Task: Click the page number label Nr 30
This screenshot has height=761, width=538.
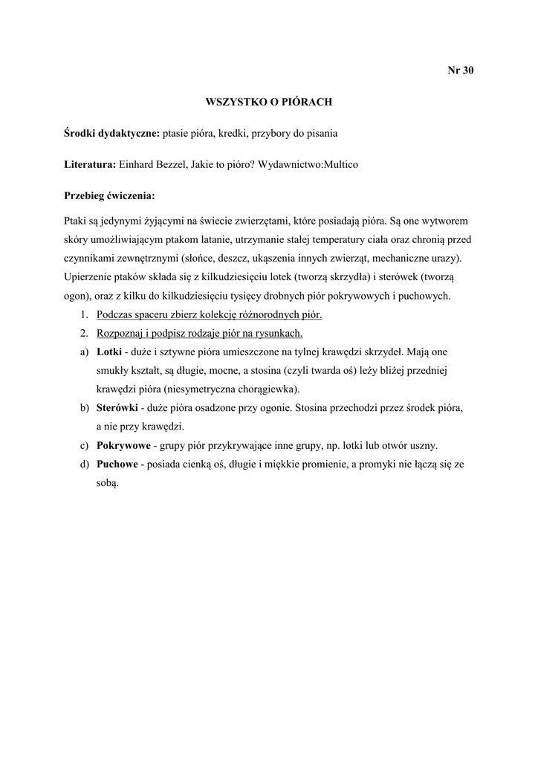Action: tap(460, 71)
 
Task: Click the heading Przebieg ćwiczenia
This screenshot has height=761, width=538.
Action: tap(110, 196)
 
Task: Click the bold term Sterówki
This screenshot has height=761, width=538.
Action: tap(117, 408)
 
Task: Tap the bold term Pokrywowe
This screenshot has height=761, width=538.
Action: tap(123, 446)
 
